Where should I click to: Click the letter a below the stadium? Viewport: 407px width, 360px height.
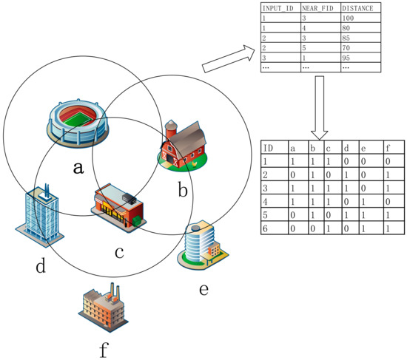click(78, 167)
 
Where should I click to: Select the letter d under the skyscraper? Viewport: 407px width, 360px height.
click(41, 263)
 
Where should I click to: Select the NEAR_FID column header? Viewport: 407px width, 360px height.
click(317, 9)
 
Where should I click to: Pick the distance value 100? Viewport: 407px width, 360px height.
click(349, 18)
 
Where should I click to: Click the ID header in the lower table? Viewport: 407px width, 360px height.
click(269, 147)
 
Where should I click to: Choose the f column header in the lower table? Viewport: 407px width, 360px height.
click(389, 147)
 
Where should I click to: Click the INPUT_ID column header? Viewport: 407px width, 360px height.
click(277, 9)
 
